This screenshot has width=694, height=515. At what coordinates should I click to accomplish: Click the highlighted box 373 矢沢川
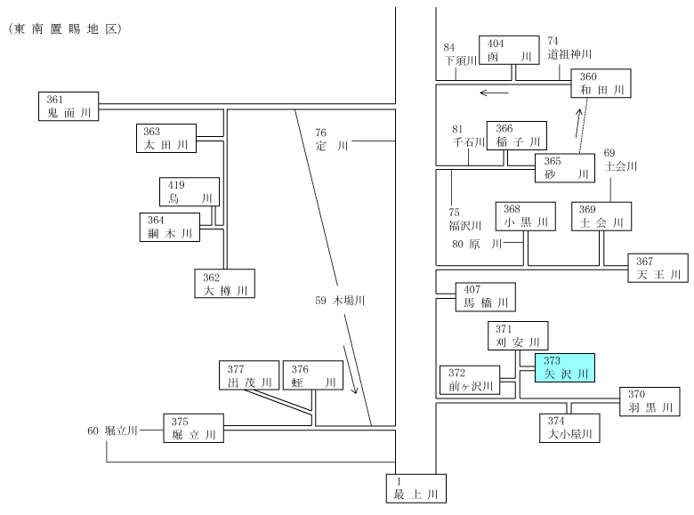(565, 367)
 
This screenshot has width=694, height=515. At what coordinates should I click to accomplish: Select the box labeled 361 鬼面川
(69, 106)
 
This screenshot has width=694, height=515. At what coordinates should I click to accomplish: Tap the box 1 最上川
(416, 488)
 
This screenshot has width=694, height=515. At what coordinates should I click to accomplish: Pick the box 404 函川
(509, 50)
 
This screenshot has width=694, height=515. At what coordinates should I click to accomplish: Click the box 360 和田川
(601, 84)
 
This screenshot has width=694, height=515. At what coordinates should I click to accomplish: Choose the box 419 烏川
(190, 191)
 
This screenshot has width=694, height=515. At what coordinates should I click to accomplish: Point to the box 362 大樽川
(225, 283)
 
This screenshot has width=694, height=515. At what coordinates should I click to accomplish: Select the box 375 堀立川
(193, 429)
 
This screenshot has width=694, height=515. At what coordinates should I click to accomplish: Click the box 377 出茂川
(249, 375)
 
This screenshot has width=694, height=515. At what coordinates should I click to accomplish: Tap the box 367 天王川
(658, 268)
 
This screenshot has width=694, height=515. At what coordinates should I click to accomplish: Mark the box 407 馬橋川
(486, 297)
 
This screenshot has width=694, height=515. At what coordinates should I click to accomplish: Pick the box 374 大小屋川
(569, 428)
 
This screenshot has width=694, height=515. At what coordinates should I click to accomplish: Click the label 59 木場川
(340, 301)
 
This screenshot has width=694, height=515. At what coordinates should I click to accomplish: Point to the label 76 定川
(332, 140)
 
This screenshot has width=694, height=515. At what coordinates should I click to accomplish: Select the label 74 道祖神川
(569, 48)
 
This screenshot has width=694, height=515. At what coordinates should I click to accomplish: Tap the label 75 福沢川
(464, 219)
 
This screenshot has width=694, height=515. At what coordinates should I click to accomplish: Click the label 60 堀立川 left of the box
(112, 431)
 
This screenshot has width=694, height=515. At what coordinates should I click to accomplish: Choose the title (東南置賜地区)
(65, 29)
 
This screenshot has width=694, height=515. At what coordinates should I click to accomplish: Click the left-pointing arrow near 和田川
(495, 93)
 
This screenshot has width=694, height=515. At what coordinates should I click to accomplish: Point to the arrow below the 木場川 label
(350, 369)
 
